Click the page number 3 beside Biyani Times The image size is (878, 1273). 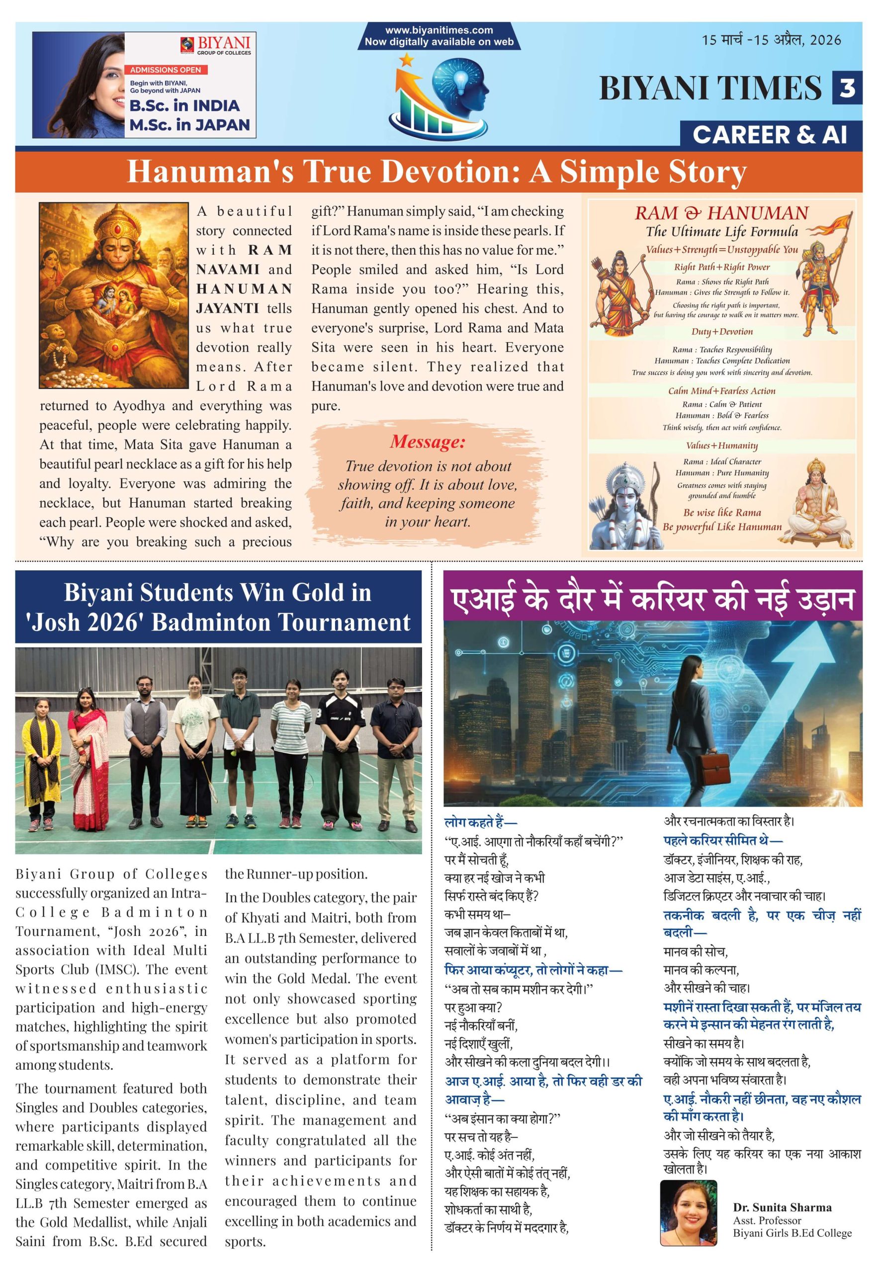pos(847,88)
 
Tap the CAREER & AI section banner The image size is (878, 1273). pos(770,135)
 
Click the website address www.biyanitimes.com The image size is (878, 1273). pos(439,31)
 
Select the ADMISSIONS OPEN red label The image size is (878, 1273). pos(166,70)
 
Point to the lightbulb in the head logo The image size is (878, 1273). pos(460,78)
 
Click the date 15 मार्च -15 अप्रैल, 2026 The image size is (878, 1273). pos(771,40)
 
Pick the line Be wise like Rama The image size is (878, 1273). pos(722,513)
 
